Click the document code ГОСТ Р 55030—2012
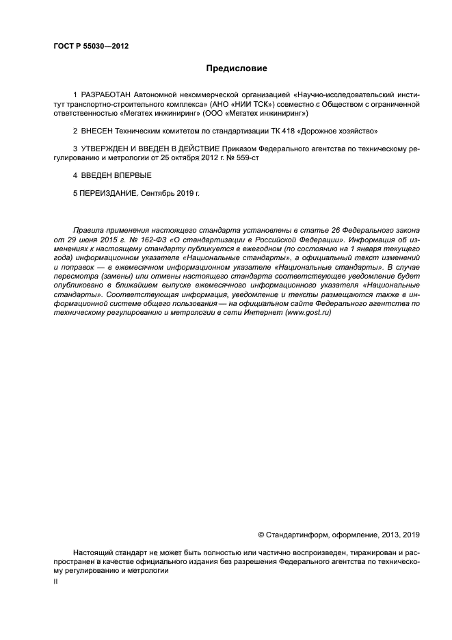pyautogui.click(x=91, y=47)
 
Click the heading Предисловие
pyautogui.click(x=237, y=68)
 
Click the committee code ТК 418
pyautogui.click(x=299, y=130)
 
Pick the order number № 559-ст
pyautogui.click(x=242, y=158)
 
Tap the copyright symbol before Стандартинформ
pyautogui.click(x=261, y=534)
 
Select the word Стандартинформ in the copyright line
pyautogui.click(x=297, y=534)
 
